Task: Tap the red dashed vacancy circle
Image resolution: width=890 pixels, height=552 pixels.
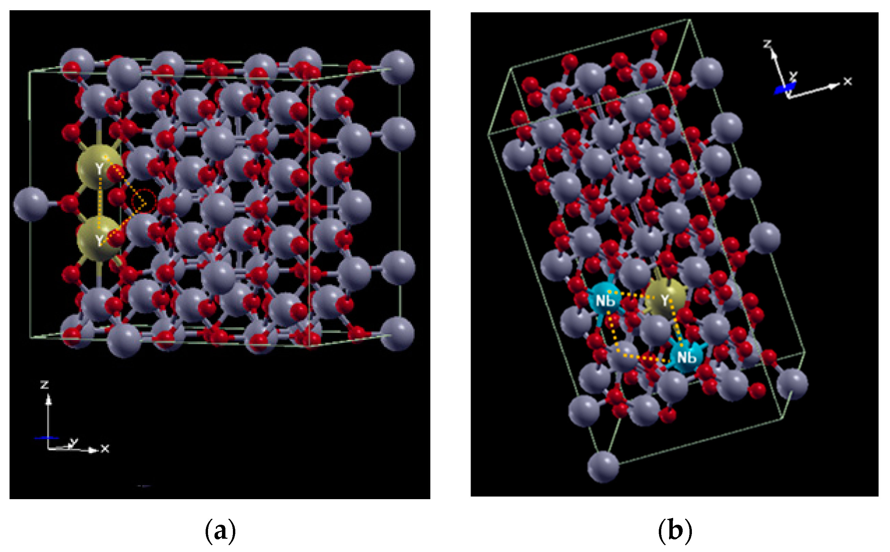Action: click(144, 201)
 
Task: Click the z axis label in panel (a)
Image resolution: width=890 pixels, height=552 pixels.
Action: click(45, 385)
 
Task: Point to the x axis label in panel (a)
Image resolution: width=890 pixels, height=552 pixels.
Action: click(105, 449)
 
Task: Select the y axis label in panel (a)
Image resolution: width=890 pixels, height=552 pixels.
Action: click(74, 442)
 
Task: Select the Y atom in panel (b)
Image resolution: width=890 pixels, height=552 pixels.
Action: click(666, 300)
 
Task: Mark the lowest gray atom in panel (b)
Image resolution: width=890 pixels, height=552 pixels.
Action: click(603, 466)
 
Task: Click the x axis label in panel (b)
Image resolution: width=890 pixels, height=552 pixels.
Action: click(847, 81)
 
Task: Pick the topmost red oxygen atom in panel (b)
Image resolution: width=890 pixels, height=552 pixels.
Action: click(658, 36)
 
